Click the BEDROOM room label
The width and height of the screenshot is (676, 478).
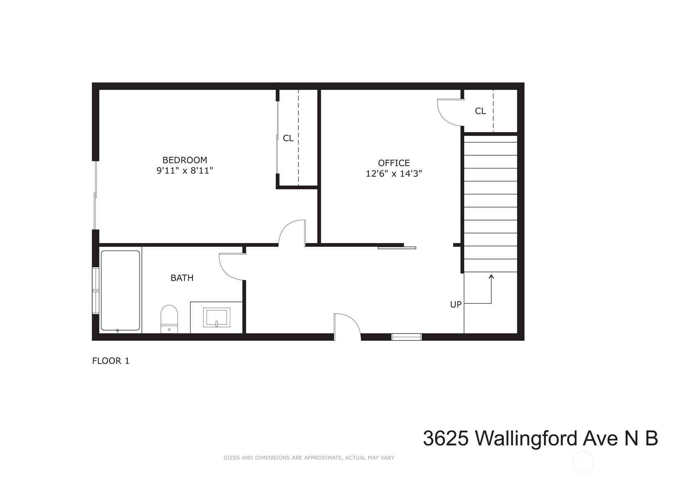(x=185, y=160)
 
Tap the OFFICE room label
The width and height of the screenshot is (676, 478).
(x=394, y=163)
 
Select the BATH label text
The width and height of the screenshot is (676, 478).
(x=182, y=278)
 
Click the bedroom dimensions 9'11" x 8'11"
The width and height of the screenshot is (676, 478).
(x=185, y=170)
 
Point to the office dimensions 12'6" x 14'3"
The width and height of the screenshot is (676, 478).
(x=394, y=174)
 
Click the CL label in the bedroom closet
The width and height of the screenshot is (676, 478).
(x=288, y=138)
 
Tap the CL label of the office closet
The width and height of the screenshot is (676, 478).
(x=480, y=111)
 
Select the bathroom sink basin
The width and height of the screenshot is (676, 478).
(x=217, y=318)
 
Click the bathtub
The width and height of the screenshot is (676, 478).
(x=120, y=290)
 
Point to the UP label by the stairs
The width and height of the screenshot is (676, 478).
(x=456, y=305)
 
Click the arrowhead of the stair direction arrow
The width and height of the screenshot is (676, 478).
(x=491, y=276)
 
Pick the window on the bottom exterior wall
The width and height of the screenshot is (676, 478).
(x=406, y=337)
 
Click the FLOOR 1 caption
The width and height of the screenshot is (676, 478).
(x=111, y=361)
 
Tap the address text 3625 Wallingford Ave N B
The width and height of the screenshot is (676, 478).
(x=540, y=439)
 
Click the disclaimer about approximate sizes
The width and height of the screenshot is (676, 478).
(x=309, y=458)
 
